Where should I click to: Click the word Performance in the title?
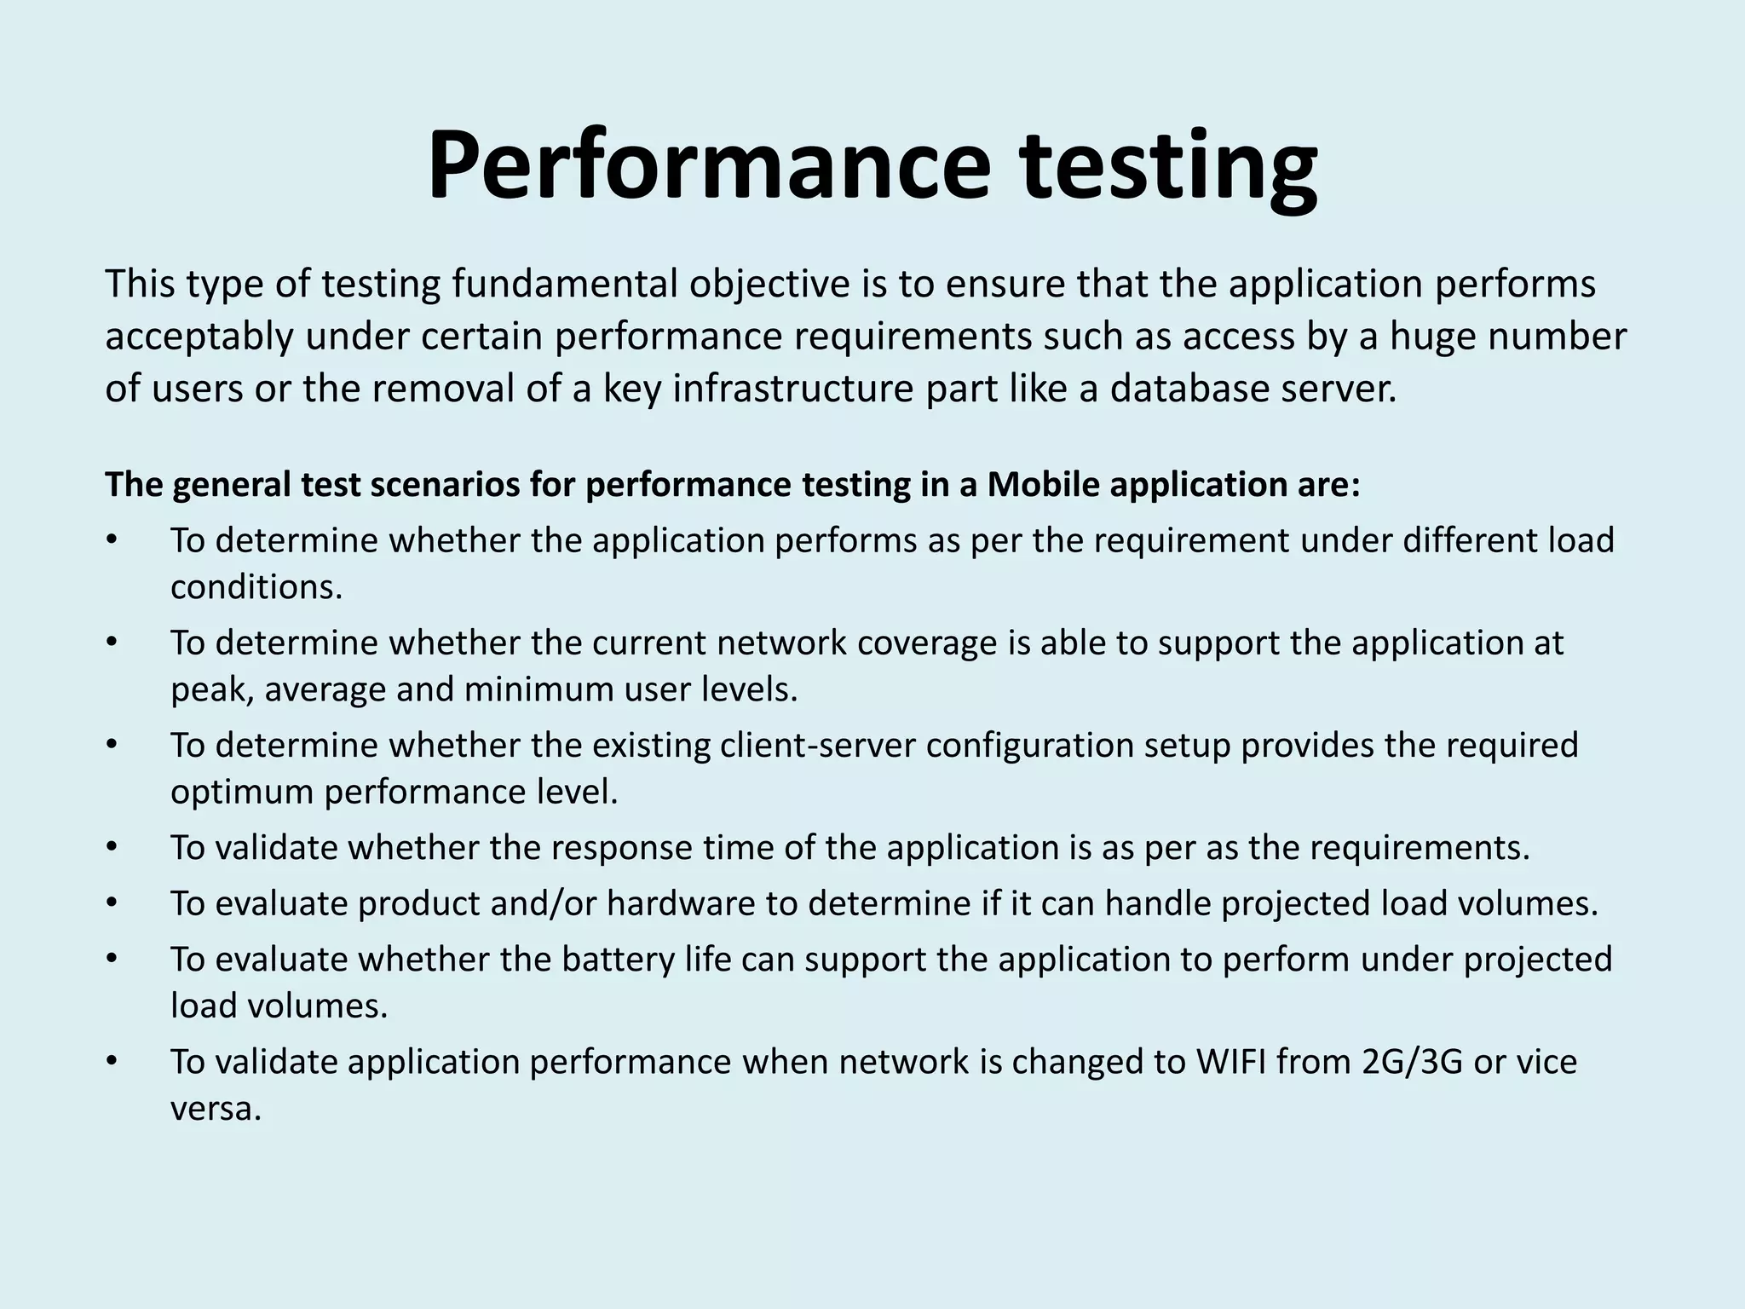point(708,165)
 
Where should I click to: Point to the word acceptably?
point(199,337)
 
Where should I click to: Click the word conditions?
point(256,587)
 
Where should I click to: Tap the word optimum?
point(242,792)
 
